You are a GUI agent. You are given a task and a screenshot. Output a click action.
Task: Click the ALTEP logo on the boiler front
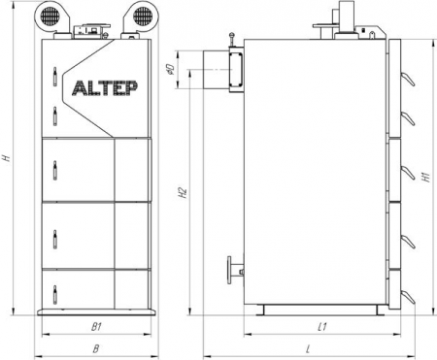(x=105, y=88)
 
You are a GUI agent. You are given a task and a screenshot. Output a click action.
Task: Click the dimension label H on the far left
(x=7, y=158)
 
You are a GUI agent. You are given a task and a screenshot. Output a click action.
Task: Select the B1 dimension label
(x=96, y=327)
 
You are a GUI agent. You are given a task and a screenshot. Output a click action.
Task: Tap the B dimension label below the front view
(x=96, y=348)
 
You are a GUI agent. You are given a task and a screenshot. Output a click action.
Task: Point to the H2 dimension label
(x=183, y=192)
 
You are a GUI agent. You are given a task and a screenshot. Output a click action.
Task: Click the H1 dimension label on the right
(x=426, y=178)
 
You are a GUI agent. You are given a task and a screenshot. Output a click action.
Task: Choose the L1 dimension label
(x=321, y=327)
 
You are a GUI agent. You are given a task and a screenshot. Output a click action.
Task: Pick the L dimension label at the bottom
(x=308, y=348)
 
